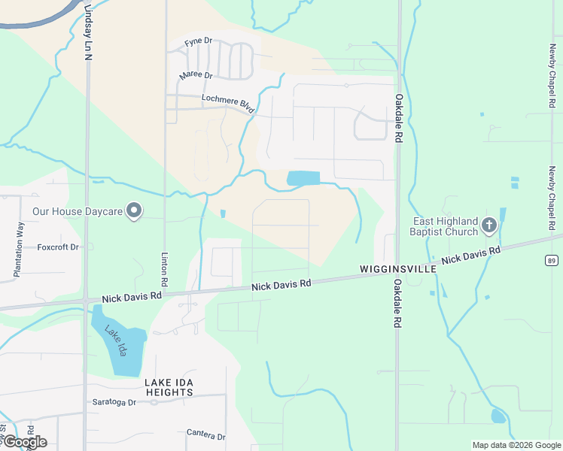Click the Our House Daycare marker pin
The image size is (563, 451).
coord(134,211)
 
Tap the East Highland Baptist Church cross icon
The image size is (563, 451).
coord(489,224)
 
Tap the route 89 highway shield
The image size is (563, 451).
coord(552,260)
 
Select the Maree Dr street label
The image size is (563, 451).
coord(196,75)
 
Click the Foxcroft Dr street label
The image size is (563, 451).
coord(59,247)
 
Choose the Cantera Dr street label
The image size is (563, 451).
coord(205,435)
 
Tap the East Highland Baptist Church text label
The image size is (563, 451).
coord(446,227)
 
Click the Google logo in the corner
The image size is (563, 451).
coord(24,442)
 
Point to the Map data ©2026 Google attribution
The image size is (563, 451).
coord(516,445)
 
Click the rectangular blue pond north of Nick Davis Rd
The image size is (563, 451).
coord(303,179)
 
